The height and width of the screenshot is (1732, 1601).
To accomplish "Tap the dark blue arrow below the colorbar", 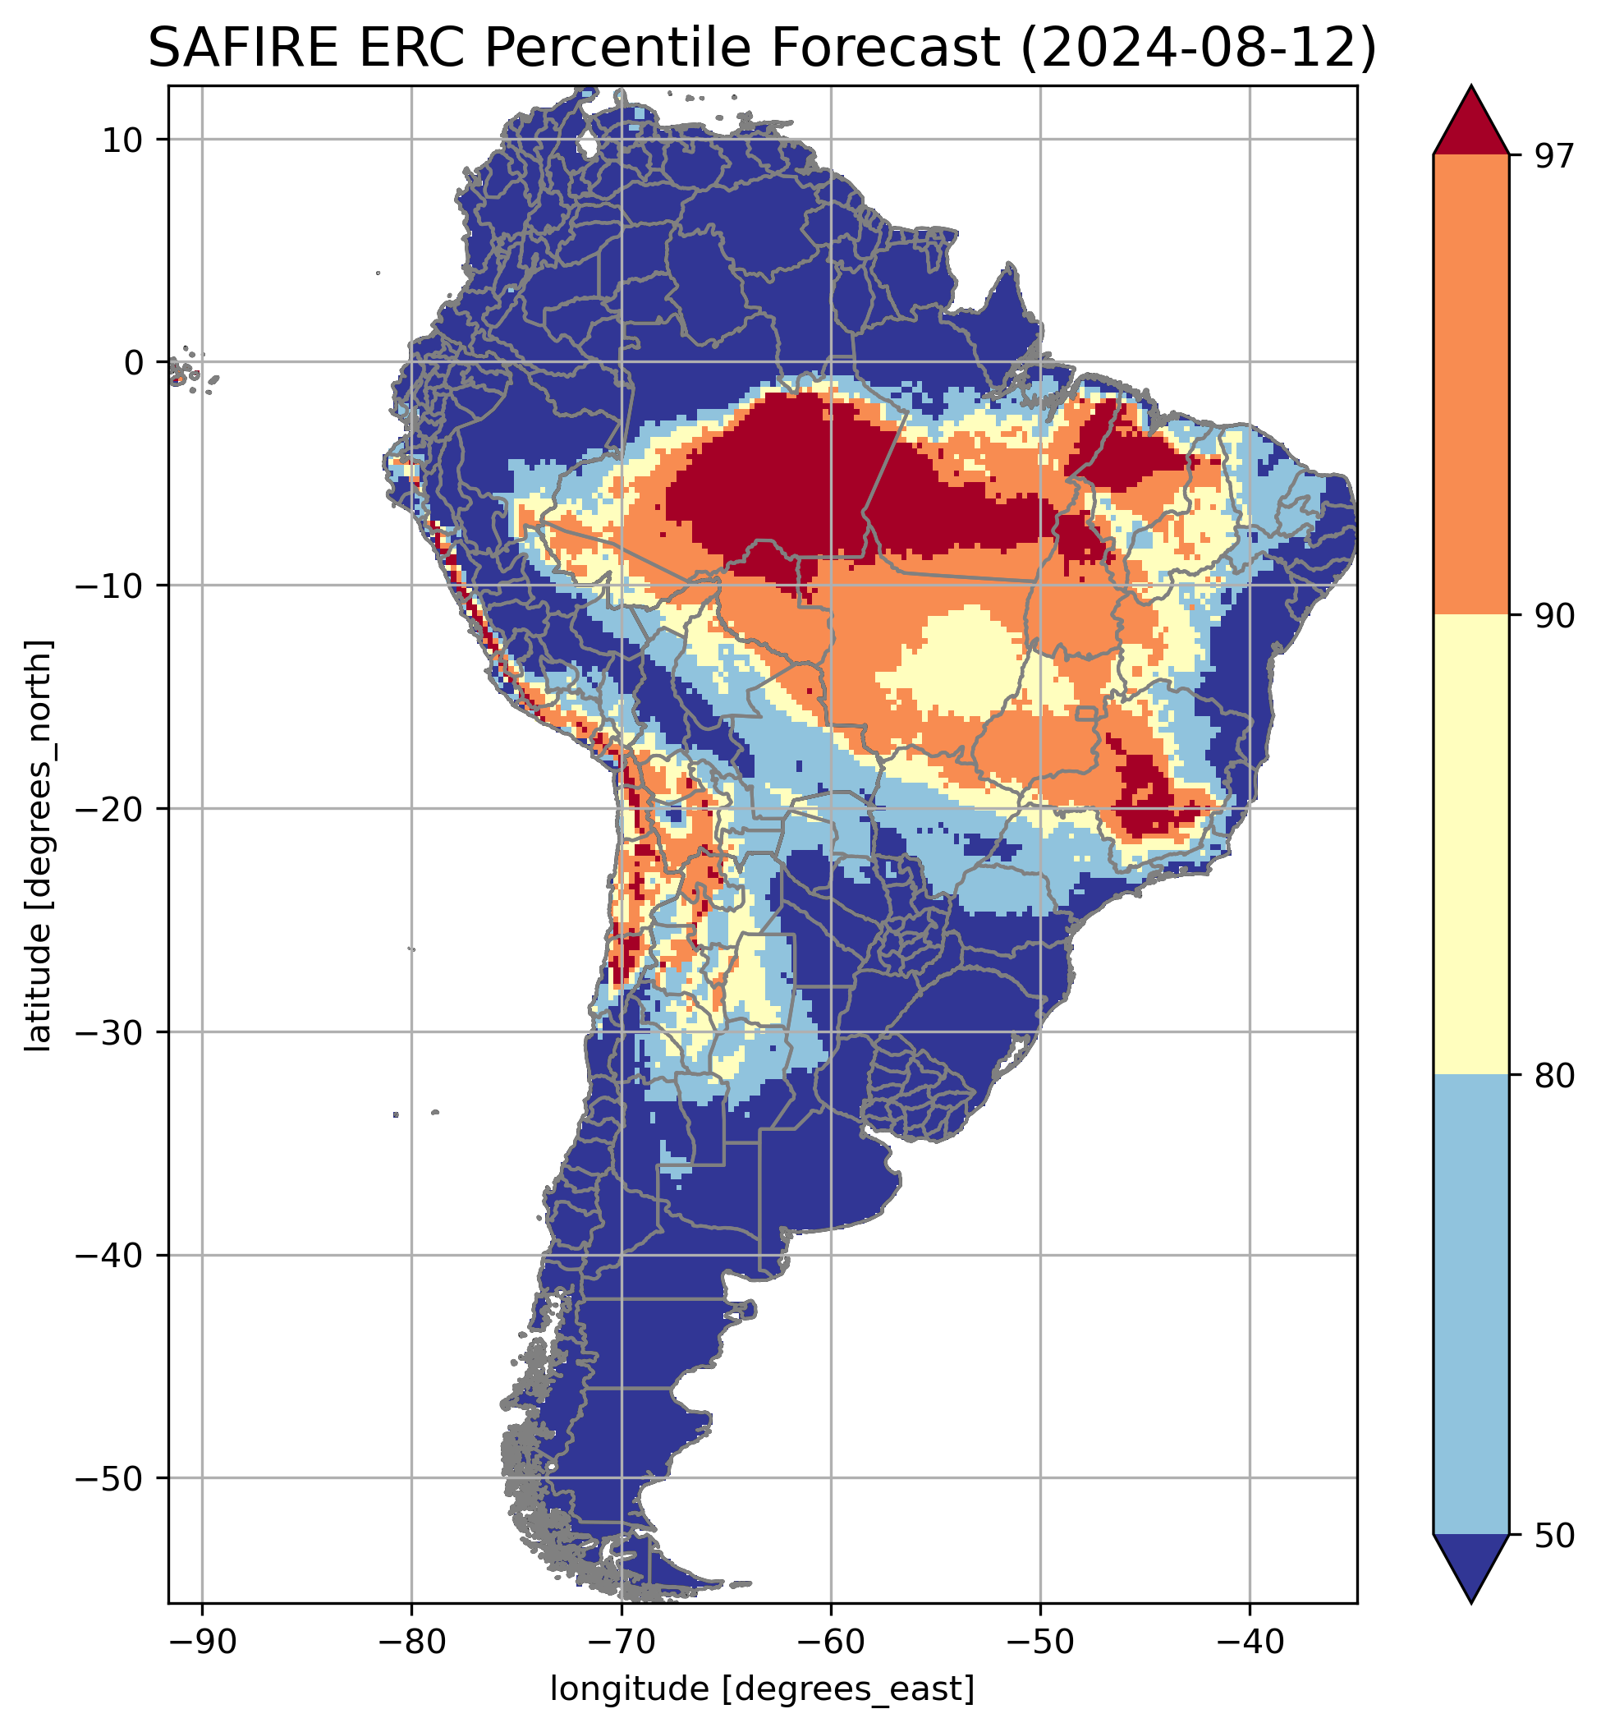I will pyautogui.click(x=1471, y=1566).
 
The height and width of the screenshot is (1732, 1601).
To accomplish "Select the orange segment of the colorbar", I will pyautogui.click(x=1471, y=385).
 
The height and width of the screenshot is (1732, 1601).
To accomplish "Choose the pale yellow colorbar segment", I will pyautogui.click(x=1471, y=845).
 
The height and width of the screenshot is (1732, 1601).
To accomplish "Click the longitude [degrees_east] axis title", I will pyautogui.click(x=763, y=1688).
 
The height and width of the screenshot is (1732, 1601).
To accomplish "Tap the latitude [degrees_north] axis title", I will pyautogui.click(x=39, y=845).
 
